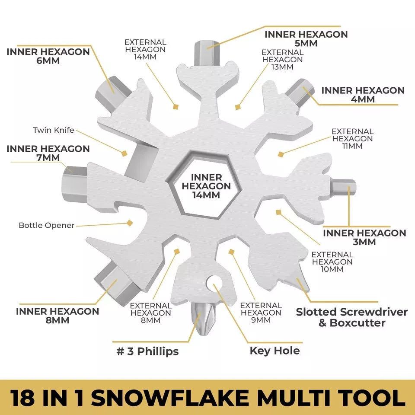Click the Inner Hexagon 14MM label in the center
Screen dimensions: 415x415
tap(206, 186)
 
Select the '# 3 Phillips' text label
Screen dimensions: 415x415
tap(147, 351)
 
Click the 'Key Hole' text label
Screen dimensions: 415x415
tap(275, 350)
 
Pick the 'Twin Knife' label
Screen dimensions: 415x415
tap(54, 130)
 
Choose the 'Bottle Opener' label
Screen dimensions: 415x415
tap(47, 225)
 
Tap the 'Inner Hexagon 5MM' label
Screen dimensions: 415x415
tap(306, 38)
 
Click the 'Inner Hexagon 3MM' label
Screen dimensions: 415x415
tap(364, 237)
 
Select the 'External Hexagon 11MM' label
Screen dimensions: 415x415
tap(352, 138)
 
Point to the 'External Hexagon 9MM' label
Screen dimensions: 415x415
tap(261, 313)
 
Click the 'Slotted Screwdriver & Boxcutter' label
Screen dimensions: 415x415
tap(351, 317)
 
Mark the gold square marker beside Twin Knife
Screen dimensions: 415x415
tap(124, 153)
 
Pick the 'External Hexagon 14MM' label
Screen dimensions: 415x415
tap(145, 50)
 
